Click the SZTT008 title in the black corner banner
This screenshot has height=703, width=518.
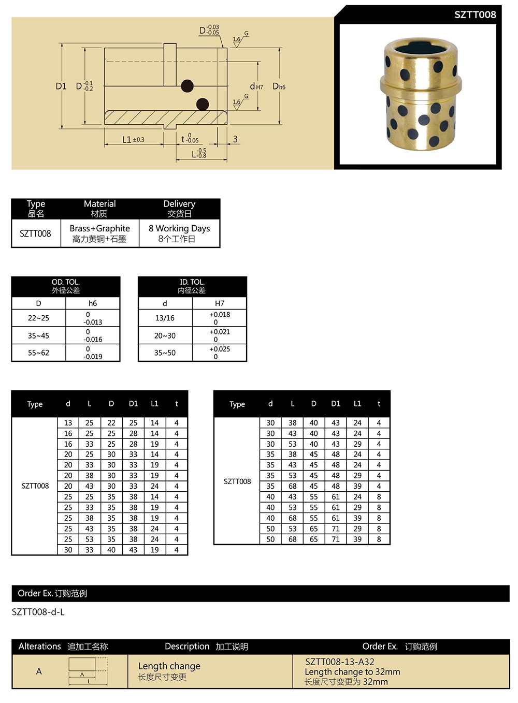[x=474, y=14]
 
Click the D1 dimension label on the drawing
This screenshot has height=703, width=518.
[x=61, y=86]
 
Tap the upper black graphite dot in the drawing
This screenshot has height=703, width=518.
[x=187, y=86]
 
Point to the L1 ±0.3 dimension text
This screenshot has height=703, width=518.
[x=133, y=139]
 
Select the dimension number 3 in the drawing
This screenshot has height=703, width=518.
[x=235, y=139]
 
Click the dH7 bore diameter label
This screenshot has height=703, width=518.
[x=256, y=87]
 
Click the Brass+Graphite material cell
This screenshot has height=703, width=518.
[x=100, y=228]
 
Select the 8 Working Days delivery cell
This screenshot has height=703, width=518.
[x=179, y=228]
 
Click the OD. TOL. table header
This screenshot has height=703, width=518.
[x=65, y=282]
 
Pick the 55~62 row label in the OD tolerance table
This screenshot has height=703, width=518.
[x=39, y=353]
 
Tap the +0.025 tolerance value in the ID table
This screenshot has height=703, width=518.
[x=220, y=349]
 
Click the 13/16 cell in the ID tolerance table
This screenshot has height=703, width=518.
[x=165, y=318]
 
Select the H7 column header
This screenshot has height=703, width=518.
[x=220, y=303]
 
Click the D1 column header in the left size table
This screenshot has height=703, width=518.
[x=133, y=403]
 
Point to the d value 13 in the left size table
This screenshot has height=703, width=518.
[x=68, y=422]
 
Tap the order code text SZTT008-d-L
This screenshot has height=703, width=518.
[x=38, y=612]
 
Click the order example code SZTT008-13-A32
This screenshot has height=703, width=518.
[x=339, y=662]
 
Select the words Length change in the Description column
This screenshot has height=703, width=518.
[x=169, y=666]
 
